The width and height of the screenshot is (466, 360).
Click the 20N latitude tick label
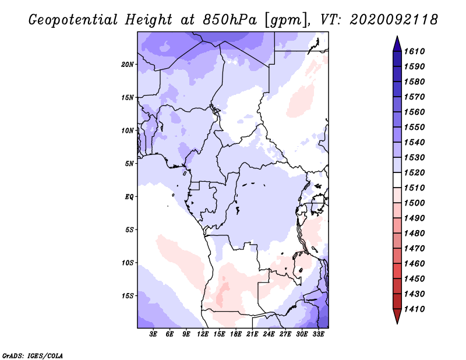127,65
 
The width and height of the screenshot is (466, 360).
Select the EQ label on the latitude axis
129,197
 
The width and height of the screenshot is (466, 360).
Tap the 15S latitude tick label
128,296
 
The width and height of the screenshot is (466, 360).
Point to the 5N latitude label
129,164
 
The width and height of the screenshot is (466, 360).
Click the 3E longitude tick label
153,334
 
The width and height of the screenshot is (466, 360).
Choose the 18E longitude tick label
236,334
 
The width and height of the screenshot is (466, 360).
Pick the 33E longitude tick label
318,334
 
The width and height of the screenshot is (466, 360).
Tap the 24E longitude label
269,334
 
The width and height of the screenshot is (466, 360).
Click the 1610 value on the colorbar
414,51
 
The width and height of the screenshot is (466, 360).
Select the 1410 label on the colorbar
414,309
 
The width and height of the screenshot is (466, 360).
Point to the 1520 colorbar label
414,172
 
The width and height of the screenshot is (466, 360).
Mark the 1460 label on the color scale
414,264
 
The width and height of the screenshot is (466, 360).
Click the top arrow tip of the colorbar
397,36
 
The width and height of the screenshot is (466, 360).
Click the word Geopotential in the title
73,20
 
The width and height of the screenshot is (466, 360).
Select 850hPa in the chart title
230,20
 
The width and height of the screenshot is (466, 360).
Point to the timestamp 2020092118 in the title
394,20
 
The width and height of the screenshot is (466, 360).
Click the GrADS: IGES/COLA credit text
33,356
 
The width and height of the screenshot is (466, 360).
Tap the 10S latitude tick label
128,263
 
